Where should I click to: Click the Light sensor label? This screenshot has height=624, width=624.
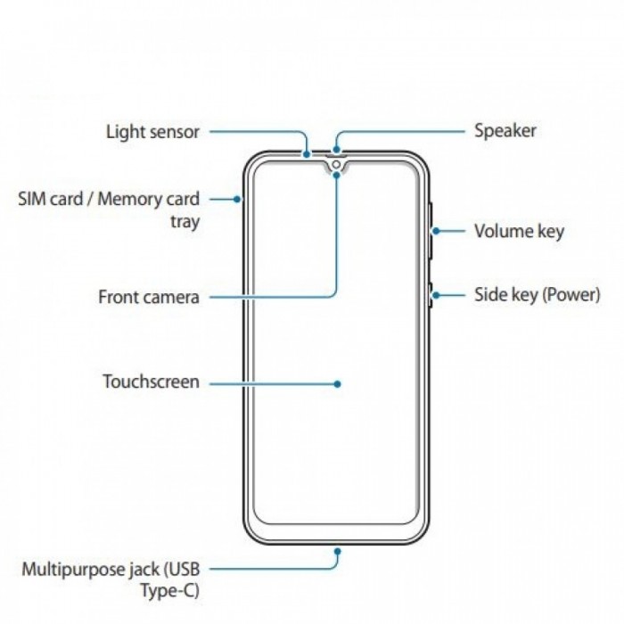[152, 132]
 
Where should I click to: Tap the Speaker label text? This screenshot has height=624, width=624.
[505, 131]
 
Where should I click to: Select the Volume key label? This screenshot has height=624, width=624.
[519, 231]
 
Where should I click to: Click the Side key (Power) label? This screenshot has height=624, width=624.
[538, 295]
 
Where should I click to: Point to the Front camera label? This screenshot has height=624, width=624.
[149, 297]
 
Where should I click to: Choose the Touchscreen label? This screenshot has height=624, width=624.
[152, 382]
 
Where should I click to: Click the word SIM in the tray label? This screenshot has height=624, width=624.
[31, 199]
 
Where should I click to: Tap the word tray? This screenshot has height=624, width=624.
[185, 222]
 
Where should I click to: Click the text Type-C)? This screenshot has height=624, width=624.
[170, 591]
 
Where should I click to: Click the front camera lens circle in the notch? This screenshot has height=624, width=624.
[336, 164]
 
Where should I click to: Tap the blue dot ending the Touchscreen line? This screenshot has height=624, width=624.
[338, 384]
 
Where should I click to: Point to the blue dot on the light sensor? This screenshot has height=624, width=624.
[307, 153]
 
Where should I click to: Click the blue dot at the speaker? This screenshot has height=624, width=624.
[337, 149]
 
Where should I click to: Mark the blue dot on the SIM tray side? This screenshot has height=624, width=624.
[237, 199]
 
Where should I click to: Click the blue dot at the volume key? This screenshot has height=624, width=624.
[436, 231]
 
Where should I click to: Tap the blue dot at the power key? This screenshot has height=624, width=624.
[436, 295]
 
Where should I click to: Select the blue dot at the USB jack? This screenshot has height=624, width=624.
[338, 552]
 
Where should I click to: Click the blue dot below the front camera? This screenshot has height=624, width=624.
[337, 175]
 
